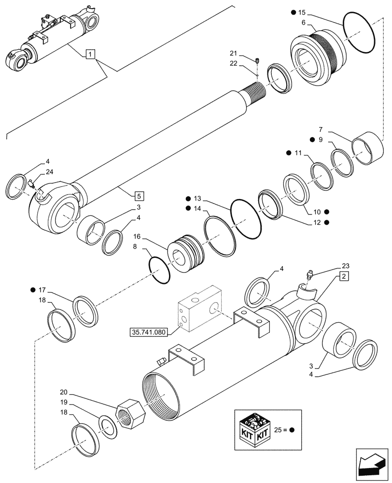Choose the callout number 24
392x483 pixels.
pos(49,171)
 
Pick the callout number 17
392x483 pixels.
pos(42,290)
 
